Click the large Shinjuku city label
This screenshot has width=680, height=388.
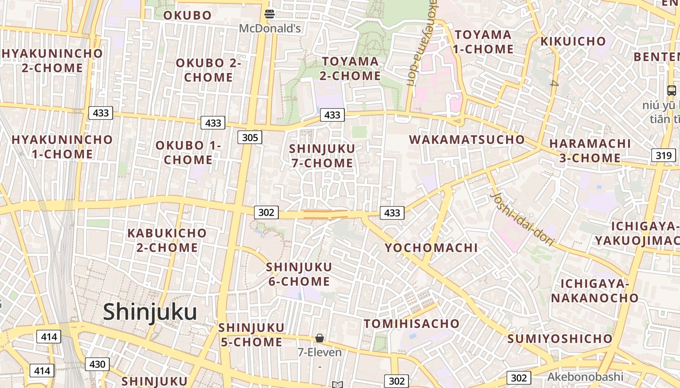(150, 312)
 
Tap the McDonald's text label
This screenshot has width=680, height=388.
(270, 29)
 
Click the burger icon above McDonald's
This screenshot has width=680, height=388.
(270, 14)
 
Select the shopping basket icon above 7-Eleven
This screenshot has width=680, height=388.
(320, 338)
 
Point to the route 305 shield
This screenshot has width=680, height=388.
(250, 138)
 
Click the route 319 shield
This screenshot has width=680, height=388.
(663, 155)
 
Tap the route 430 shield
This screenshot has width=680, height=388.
(97, 364)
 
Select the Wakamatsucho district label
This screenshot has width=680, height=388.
(467, 140)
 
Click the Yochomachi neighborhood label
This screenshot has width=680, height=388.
(431, 248)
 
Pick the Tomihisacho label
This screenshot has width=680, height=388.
(411, 323)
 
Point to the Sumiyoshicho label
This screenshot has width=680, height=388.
(560, 339)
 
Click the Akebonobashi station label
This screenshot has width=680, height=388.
(585, 377)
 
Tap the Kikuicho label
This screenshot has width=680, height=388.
(573, 41)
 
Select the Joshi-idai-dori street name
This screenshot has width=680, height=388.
(522, 219)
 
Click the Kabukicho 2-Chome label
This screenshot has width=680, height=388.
(167, 241)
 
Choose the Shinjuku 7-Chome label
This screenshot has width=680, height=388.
(322, 156)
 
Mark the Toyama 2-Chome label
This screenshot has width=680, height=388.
(350, 68)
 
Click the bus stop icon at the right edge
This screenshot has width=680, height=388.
(672, 90)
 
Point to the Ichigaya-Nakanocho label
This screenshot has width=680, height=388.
(595, 291)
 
